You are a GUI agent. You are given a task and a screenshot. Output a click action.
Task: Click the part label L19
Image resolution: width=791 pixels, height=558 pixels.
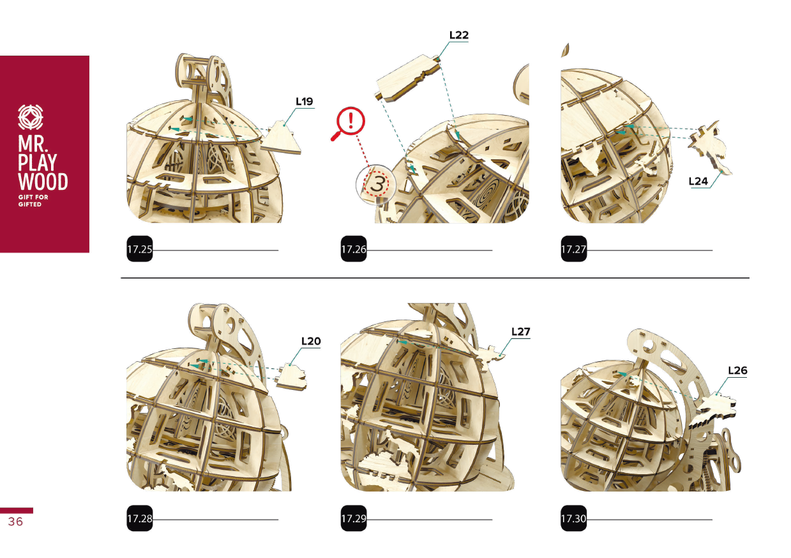click(304, 102)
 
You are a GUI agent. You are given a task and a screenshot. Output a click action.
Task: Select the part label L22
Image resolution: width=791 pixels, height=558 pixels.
click(459, 35)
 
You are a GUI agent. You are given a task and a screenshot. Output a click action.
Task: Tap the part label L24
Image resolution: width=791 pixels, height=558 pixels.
click(698, 182)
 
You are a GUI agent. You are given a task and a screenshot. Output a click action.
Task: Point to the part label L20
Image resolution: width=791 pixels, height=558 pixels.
click(311, 341)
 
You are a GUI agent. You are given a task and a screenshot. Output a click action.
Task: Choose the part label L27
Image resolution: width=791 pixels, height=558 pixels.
click(520, 332)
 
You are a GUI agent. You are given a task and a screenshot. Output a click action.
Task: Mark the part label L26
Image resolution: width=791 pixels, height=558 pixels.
click(737, 370)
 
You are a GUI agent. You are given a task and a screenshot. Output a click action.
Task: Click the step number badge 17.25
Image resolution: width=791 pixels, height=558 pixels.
click(140, 249)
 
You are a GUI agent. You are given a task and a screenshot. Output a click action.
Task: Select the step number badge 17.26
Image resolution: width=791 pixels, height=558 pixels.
click(354, 249)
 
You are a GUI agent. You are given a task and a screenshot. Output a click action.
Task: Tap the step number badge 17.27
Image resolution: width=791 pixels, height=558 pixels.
click(574, 249)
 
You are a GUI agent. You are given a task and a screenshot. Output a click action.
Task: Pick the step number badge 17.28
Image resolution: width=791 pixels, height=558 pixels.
click(140, 518)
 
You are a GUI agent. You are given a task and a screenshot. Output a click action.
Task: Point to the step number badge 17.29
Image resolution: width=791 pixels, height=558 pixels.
click(354, 518)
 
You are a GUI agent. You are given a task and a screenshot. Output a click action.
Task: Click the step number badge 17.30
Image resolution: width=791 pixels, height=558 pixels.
click(574, 518)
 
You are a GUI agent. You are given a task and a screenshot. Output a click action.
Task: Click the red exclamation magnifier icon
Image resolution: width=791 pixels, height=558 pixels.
click(348, 123)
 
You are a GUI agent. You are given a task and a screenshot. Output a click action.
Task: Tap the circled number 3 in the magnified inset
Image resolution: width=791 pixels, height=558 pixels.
click(377, 185)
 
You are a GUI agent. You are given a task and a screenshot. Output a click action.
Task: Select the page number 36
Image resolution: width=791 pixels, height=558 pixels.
click(15, 522)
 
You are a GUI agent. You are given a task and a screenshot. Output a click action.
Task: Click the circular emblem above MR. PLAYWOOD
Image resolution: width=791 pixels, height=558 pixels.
click(31, 117)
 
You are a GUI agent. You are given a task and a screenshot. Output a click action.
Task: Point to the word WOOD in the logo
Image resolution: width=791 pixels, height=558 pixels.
click(43, 182)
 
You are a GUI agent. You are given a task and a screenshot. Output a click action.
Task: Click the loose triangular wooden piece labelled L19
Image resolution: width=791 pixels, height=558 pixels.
click(282, 139)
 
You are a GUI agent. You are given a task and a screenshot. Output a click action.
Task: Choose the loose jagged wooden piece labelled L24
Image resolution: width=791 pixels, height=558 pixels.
click(709, 147)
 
